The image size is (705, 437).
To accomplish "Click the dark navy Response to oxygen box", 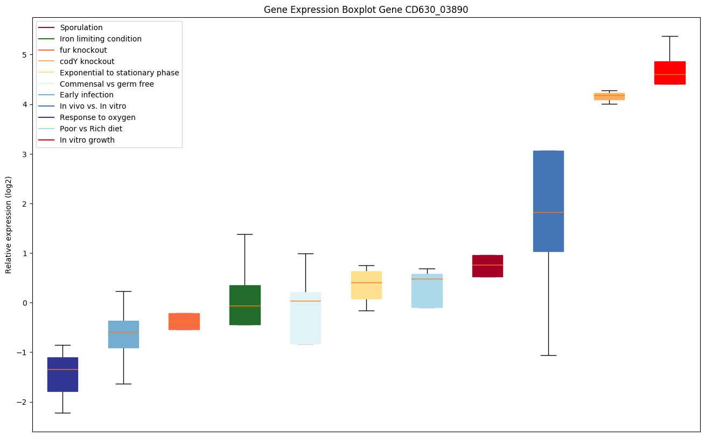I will coord(62,375).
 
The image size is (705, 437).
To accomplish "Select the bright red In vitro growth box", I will coord(669,73).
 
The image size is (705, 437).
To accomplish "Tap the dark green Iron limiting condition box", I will coord(245,305).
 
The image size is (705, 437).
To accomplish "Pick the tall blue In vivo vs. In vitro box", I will coord(548,201).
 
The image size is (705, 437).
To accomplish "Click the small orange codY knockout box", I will coord(609,96).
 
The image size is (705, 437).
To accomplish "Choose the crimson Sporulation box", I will coord(487,266).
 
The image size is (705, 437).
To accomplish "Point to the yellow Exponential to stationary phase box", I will coord(366,285).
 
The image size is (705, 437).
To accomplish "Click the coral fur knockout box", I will coord(184,321).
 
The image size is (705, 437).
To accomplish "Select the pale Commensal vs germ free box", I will coord(305,318).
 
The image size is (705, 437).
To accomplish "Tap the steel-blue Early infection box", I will coord(123,334).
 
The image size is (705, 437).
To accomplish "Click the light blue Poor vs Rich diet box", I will coord(427,291).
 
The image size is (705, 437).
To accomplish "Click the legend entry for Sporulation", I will coord(81,27).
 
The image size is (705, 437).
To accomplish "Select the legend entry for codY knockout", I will coord(87,61).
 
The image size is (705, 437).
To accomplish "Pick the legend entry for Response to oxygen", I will coord(97,117).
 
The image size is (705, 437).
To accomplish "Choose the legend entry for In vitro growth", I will coord(87,140).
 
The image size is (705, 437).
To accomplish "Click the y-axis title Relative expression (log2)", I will coord(9,224).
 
